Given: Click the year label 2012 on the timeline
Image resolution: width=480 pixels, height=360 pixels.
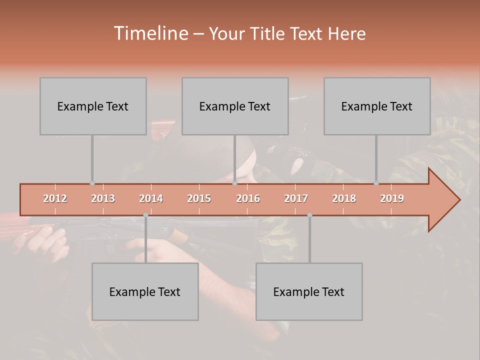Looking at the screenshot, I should tap(55, 198).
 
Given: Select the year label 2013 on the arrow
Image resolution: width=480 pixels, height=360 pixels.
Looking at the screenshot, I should tap(103, 198).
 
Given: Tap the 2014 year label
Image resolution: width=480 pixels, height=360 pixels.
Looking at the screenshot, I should tap(151, 198).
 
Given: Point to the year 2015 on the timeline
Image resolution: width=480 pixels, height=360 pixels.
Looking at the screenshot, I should tap(199, 198).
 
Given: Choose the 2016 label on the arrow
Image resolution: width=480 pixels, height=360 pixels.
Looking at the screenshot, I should tap(248, 198).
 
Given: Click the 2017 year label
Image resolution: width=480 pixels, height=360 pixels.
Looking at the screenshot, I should tap(296, 198).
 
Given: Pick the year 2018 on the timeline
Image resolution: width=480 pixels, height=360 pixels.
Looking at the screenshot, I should tap(344, 198).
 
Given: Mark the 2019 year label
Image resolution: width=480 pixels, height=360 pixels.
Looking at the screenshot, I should tap(392, 198).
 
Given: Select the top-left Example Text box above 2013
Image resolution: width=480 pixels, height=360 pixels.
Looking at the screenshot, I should tap(93, 106).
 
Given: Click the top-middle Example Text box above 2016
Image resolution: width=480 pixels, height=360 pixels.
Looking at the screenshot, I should tap(235, 106).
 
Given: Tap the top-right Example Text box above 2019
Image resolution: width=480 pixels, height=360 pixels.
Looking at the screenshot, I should tap(377, 106).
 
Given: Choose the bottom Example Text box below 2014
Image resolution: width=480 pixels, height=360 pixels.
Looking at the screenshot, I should tap(145, 291).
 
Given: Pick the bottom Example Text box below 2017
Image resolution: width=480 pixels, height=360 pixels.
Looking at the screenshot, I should tap(309, 291).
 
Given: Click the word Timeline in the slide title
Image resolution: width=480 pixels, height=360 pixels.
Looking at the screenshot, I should tap(150, 33).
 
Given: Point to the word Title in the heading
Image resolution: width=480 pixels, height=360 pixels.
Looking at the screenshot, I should tap(269, 34).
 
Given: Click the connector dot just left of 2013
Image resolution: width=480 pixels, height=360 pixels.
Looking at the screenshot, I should tap(92, 183).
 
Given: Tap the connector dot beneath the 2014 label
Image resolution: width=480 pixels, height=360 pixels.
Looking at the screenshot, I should tap(145, 215).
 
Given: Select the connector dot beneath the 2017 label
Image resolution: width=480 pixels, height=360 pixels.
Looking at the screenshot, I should tap(309, 215).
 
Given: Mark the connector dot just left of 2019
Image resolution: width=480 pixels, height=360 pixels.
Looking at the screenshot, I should tap(376, 183).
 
